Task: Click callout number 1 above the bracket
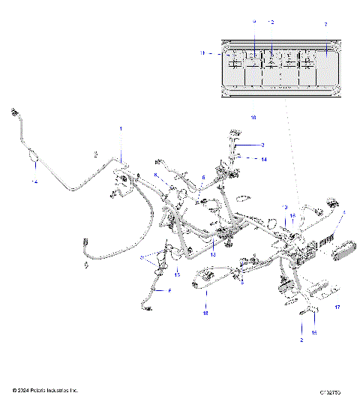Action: [x=120, y=130]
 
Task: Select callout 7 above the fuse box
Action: [x=325, y=25]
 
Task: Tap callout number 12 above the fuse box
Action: [x=271, y=22]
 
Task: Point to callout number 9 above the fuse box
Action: [x=253, y=22]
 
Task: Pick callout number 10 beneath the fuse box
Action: [x=253, y=118]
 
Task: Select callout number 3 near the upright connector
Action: [x=263, y=144]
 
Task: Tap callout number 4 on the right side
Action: [x=344, y=213]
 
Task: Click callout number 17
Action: [x=337, y=307]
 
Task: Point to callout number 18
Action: [x=205, y=314]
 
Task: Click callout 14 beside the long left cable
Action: [x=33, y=182]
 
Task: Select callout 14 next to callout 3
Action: [x=263, y=159]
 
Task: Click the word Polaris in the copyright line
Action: [x=49, y=391]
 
